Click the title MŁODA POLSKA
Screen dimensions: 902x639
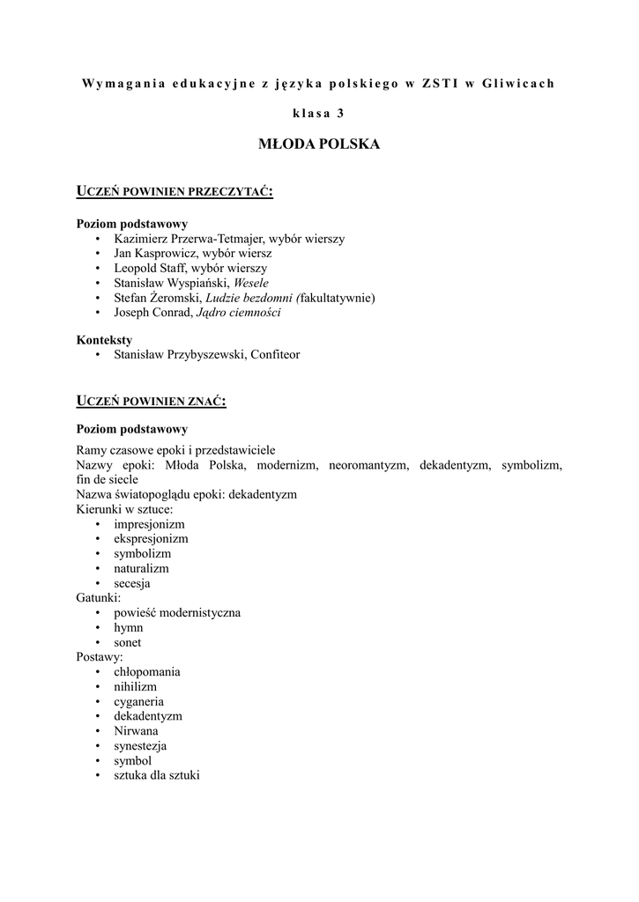point(318,144)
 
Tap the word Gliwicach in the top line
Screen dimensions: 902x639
point(519,84)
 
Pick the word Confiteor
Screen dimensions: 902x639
point(275,355)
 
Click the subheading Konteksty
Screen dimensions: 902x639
point(104,340)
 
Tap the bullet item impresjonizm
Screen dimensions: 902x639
point(149,524)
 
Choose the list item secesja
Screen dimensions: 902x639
point(132,583)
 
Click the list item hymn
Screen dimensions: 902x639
point(129,628)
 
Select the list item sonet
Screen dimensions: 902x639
point(128,642)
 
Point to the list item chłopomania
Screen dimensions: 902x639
point(147,672)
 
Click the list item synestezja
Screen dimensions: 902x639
point(140,746)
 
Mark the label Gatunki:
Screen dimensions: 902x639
point(99,598)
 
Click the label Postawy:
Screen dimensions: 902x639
point(100,657)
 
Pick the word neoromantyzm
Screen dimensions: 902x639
point(368,465)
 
